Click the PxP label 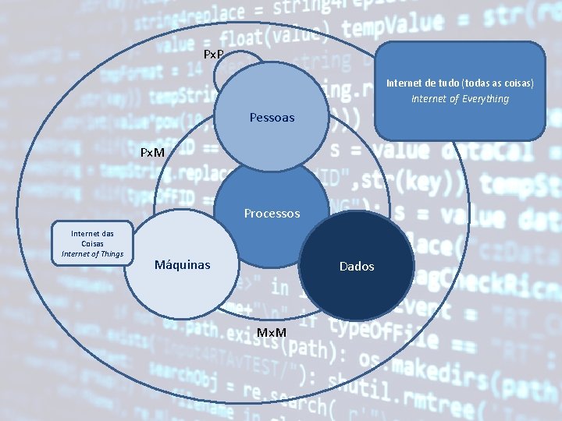pyautogui.click(x=213, y=55)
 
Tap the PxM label pyautogui.click(x=152, y=152)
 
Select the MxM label pyautogui.click(x=272, y=334)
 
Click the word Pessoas pyautogui.click(x=272, y=118)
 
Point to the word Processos pyautogui.click(x=272, y=213)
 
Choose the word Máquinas pyautogui.click(x=182, y=265)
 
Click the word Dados pyautogui.click(x=356, y=266)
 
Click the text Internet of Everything pyautogui.click(x=460, y=99)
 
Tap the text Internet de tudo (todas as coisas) pyautogui.click(x=460, y=83)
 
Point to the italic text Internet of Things pyautogui.click(x=93, y=253)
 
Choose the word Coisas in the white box pyautogui.click(x=92, y=243)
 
